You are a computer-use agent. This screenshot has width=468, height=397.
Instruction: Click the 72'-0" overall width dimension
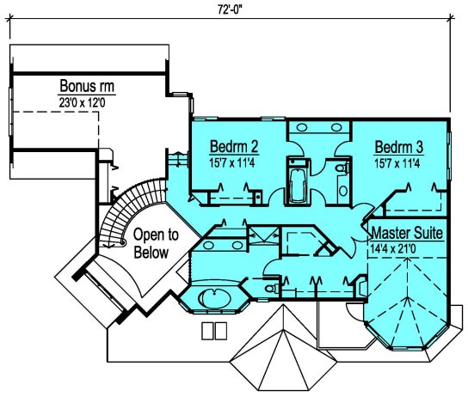pyautogui.click(x=229, y=9)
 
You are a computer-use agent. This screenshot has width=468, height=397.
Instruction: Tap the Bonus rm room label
pyautogui.click(x=87, y=86)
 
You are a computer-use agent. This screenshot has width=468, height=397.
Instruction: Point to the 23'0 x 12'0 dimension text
pyautogui.click(x=82, y=102)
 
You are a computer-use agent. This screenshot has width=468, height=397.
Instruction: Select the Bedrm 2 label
pyautogui.click(x=234, y=146)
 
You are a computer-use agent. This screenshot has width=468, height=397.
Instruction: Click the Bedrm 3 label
pyautogui.click(x=399, y=147)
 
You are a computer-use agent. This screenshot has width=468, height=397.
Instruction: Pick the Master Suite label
pyautogui.click(x=407, y=233)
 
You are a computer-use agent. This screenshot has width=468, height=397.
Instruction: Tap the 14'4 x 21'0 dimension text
pyautogui.click(x=393, y=248)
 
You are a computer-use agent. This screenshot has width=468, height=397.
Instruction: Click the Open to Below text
pyautogui.click(x=156, y=243)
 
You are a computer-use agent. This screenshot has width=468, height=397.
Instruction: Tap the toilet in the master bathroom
pyautogui.click(x=272, y=289)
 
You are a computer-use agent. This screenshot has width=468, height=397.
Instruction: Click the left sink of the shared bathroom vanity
pyautogui.click(x=302, y=127)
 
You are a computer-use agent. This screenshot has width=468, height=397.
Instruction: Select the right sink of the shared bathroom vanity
pyautogui.click(x=336, y=127)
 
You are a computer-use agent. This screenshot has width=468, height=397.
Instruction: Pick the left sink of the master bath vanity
pyautogui.click(x=208, y=245)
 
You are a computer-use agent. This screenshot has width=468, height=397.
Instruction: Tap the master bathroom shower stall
pyautogui.click(x=263, y=235)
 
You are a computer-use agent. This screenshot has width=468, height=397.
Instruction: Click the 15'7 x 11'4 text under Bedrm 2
pyautogui.click(x=232, y=163)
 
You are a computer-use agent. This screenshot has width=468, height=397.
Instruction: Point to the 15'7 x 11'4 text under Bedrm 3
pyautogui.click(x=397, y=163)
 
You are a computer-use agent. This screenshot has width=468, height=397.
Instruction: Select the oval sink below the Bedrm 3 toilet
pyautogui.click(x=343, y=191)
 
